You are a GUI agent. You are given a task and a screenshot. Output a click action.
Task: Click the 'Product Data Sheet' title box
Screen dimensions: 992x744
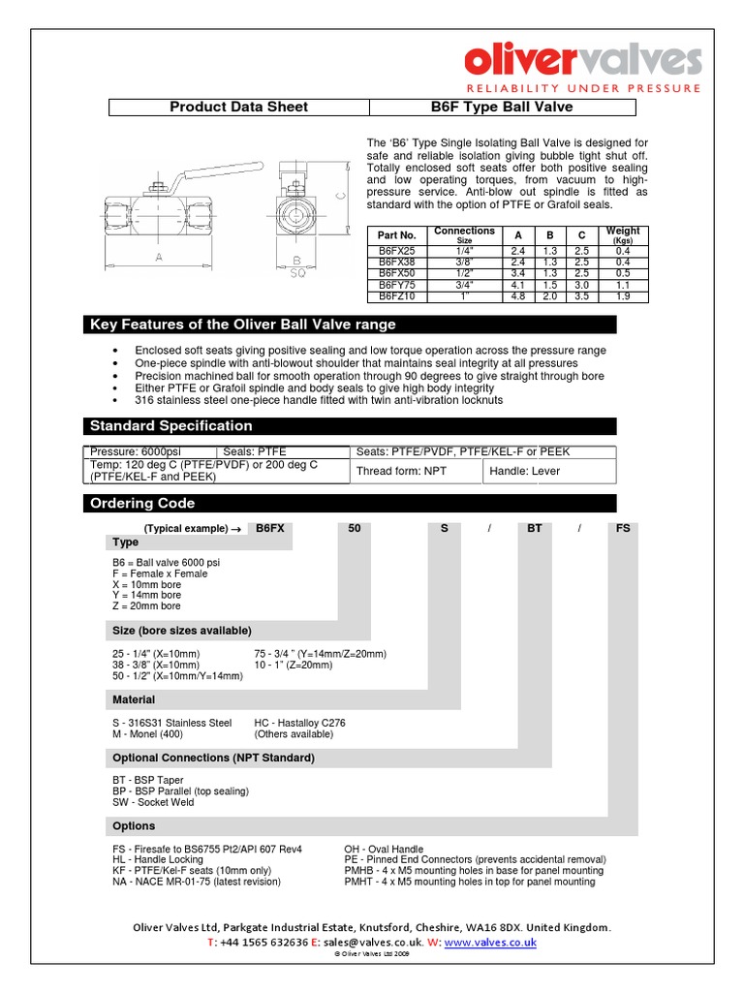(238, 108)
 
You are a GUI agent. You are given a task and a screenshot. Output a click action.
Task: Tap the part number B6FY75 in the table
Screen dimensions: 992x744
(396, 287)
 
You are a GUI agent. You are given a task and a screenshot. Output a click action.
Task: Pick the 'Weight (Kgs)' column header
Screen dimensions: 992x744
(623, 235)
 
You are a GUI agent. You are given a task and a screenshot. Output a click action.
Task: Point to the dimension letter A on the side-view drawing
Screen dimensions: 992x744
(158, 257)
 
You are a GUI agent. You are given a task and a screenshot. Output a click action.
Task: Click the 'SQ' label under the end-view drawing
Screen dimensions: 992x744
(299, 274)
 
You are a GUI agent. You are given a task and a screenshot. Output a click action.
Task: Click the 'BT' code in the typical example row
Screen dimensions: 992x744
(534, 529)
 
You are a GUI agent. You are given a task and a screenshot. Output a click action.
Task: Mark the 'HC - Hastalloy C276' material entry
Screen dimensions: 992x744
(299, 723)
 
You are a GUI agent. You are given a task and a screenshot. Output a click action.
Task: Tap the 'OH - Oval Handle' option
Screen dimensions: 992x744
(384, 850)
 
